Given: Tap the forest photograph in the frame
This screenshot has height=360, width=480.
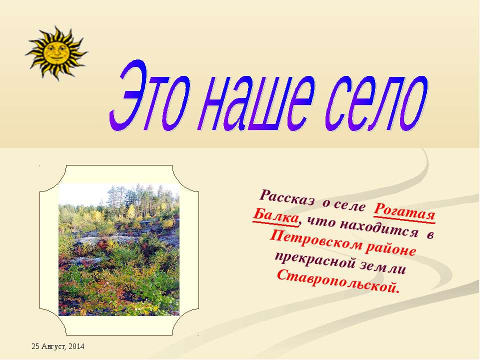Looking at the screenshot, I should tap(118, 250).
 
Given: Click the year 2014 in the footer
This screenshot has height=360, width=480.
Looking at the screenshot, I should tap(77, 346).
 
